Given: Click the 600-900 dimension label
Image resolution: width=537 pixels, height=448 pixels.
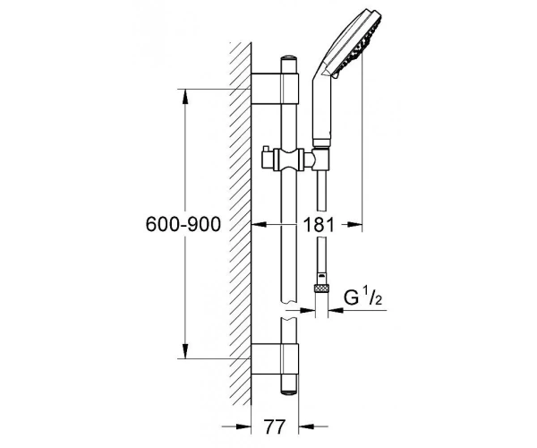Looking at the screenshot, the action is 183,225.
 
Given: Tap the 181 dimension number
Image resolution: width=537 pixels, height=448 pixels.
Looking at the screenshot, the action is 319,225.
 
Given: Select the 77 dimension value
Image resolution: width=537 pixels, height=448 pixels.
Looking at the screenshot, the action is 275,426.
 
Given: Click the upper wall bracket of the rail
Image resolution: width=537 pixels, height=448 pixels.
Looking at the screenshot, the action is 275,89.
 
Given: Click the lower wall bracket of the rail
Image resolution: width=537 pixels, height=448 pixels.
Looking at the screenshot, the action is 275,359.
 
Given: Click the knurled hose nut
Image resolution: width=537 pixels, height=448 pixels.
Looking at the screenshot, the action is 321,288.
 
